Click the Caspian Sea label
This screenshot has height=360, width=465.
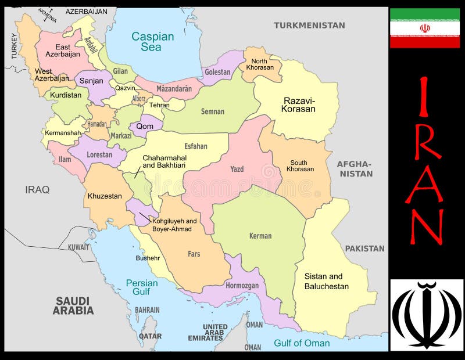pos(152,41)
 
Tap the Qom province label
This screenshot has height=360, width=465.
pos(145,126)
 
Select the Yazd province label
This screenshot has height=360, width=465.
pos(237,170)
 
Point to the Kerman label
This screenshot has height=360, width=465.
pos(260,236)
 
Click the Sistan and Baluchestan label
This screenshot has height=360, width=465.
pos(327,282)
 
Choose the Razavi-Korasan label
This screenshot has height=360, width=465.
pos(299,105)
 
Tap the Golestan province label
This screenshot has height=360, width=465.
pos(218,73)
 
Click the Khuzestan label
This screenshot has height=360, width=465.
pos(105,196)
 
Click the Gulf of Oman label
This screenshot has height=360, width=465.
pos(302,343)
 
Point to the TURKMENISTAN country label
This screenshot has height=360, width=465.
pos(309,25)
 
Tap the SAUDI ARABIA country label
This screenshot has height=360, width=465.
pos(73,305)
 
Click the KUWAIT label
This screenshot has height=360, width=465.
pos(78,247)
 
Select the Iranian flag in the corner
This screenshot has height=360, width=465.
pos(425,28)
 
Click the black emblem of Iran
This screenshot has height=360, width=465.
pos(427,315)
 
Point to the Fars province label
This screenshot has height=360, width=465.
pos(194,254)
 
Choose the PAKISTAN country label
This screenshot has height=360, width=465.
pos(365,249)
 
